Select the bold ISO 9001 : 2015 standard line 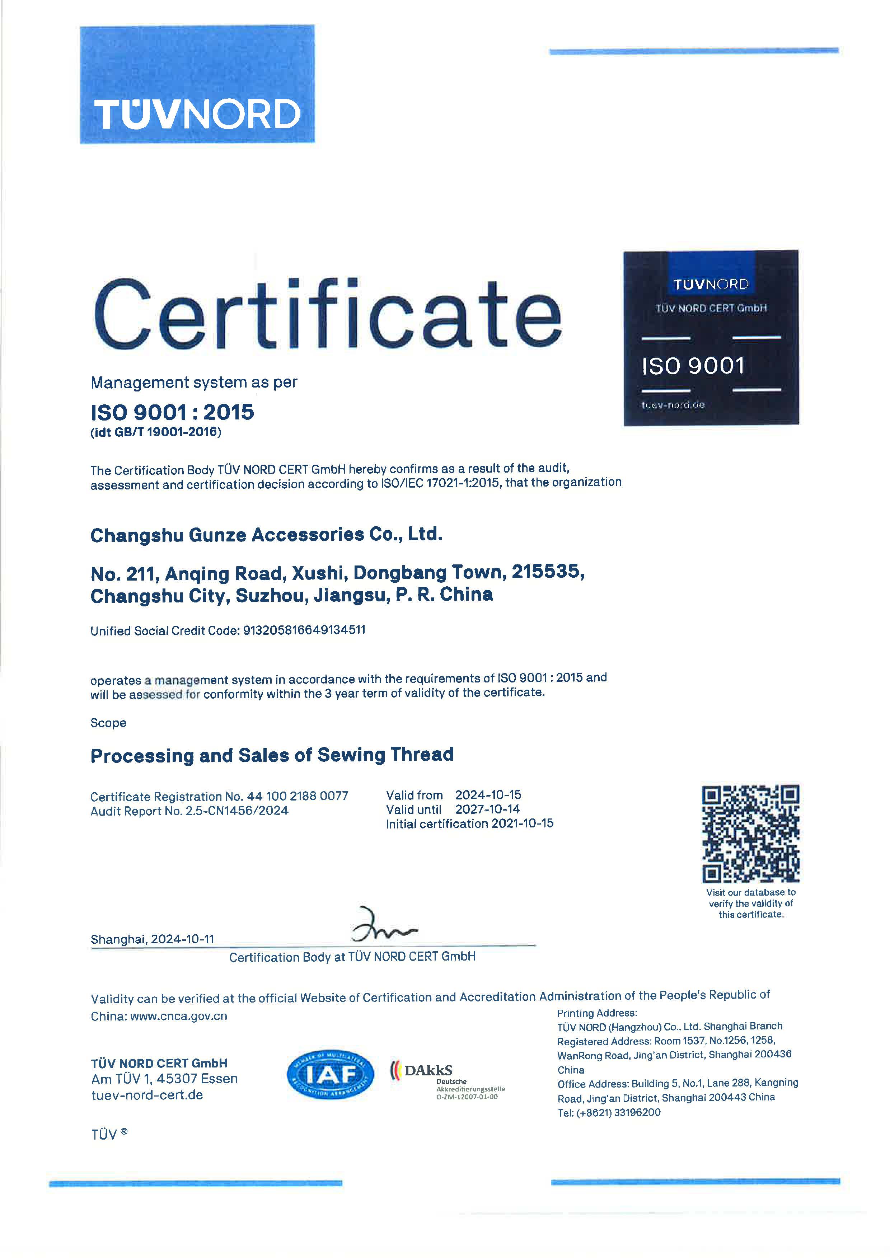pos(172,412)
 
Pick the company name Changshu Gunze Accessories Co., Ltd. pos(266,534)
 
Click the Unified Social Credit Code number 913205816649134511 pos(304,630)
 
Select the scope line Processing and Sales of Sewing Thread pos(272,755)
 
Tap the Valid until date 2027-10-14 pos(487,809)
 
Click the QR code pos(750,834)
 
